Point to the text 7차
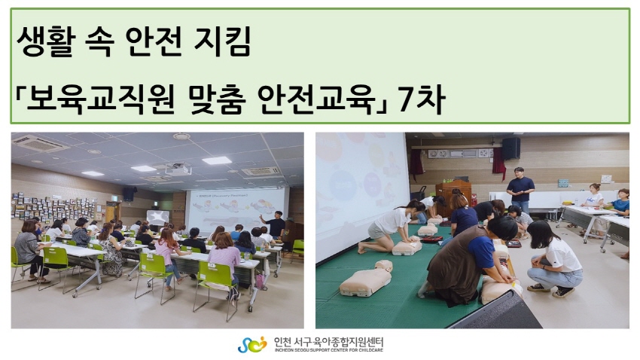click(x=421, y=99)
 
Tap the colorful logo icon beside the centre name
click(x=251, y=345)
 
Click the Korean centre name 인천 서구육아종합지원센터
click(x=328, y=342)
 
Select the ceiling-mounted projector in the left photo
click(x=178, y=169)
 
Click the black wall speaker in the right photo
click(x=510, y=148)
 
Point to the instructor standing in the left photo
click(x=275, y=225)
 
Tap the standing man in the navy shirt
click(x=520, y=190)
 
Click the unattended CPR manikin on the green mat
click(x=366, y=279)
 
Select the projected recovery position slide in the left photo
click(x=236, y=210)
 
